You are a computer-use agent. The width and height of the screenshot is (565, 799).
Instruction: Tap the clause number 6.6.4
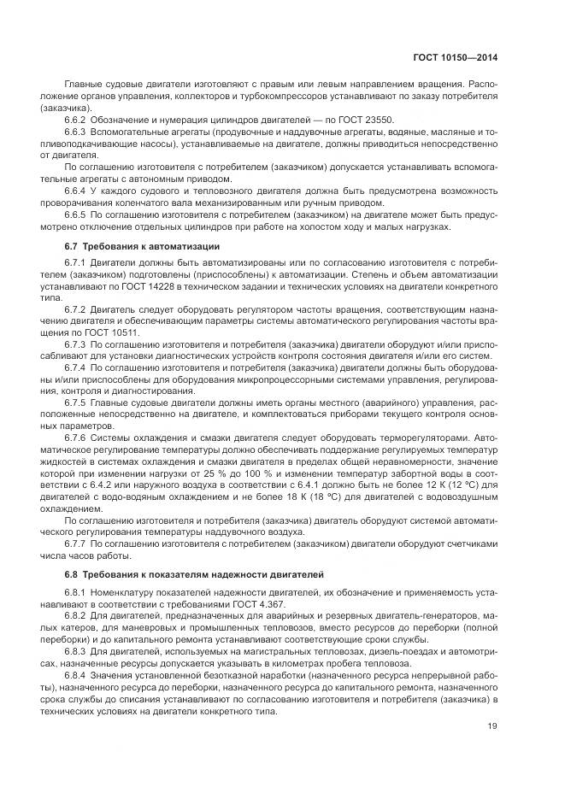click(77, 190)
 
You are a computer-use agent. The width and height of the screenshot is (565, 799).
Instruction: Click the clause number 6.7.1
click(77, 261)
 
